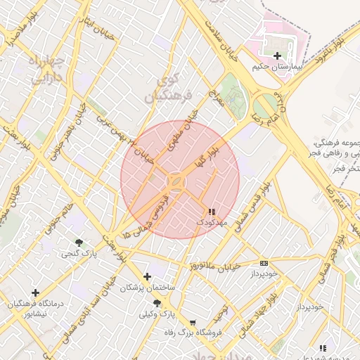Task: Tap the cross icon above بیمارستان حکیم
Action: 278,56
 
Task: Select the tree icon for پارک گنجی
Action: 78,243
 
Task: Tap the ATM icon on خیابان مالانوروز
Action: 264,263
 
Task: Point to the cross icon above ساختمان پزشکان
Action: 147,276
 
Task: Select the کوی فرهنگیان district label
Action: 162,87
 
